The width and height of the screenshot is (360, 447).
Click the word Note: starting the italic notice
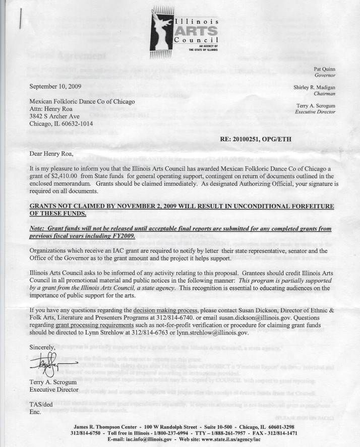tap(40, 228)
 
